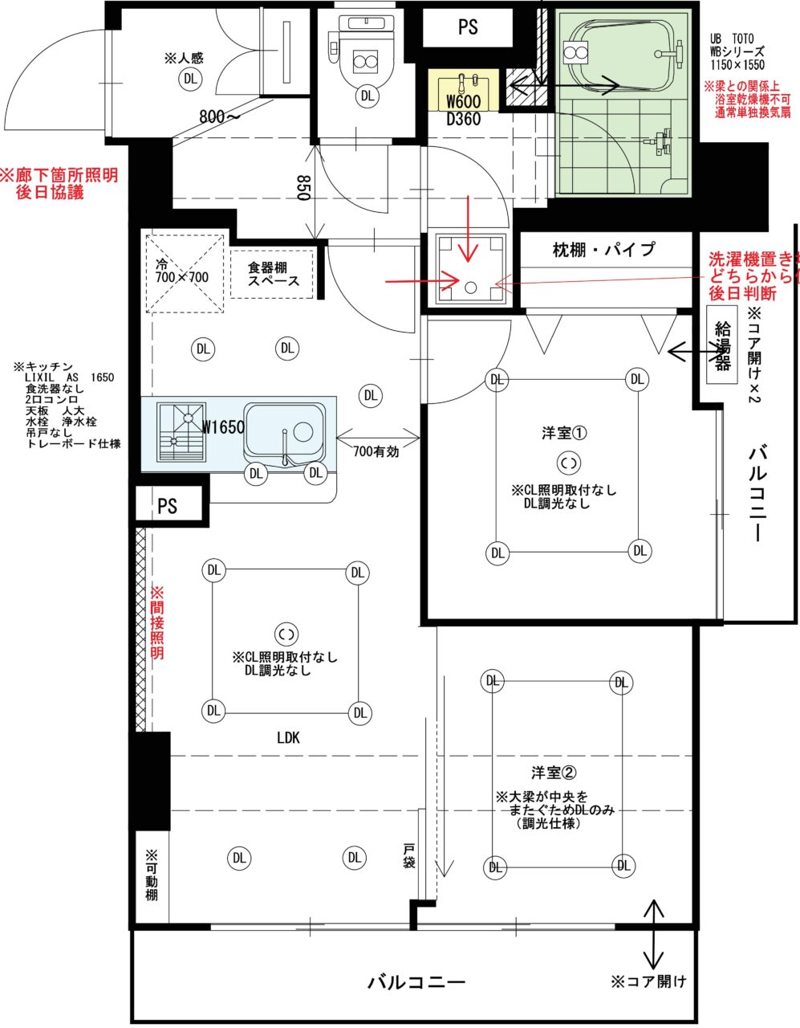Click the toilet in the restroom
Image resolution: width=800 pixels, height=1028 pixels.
[x=366, y=60]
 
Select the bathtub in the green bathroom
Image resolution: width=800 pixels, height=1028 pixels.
[x=623, y=54]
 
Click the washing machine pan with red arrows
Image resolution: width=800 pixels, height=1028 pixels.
[x=470, y=268]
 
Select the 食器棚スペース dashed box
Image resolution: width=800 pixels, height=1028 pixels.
[x=273, y=274]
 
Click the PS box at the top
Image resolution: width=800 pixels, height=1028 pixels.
[x=468, y=27]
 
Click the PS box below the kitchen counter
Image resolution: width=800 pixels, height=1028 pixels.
[x=167, y=507]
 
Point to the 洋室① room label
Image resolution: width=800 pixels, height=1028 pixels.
[x=565, y=434]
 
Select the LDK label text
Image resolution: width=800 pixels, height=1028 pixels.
[x=288, y=737]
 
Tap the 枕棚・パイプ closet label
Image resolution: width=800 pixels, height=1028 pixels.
[x=603, y=250]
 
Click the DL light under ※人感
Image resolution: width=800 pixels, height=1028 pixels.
[x=190, y=78]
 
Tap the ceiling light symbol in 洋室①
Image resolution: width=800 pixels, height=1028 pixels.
[x=568, y=463]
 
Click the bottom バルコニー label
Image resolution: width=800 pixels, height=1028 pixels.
[x=416, y=982]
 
